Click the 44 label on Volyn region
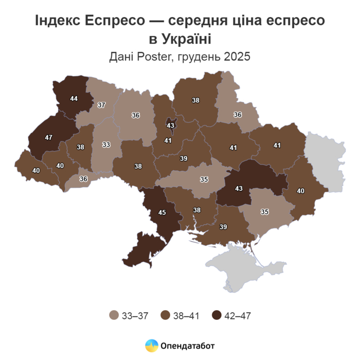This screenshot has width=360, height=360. (x=74, y=98)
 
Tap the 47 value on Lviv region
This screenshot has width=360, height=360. (x=49, y=138)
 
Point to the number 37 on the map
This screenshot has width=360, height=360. (x=101, y=105)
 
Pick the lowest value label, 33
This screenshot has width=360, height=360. (x=106, y=145)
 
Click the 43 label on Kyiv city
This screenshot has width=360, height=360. (x=171, y=125)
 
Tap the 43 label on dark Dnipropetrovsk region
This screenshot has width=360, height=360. (x=238, y=189)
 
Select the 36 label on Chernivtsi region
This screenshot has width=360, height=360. (x=83, y=178)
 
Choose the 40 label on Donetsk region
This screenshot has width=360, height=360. (x=300, y=191)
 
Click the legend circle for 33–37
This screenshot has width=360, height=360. (x=114, y=315)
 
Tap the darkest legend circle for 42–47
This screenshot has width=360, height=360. (x=218, y=315)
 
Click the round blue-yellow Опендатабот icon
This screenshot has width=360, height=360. (x=151, y=346)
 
